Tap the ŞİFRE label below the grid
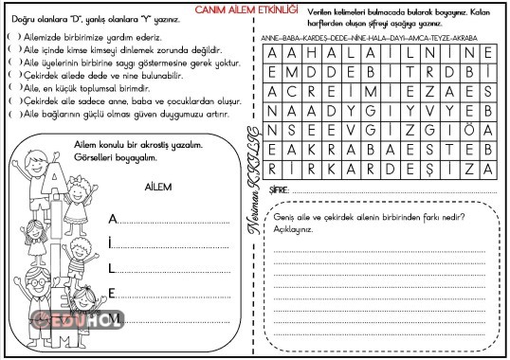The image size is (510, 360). (278, 190)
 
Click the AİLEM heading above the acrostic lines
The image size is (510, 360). (158, 188)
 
